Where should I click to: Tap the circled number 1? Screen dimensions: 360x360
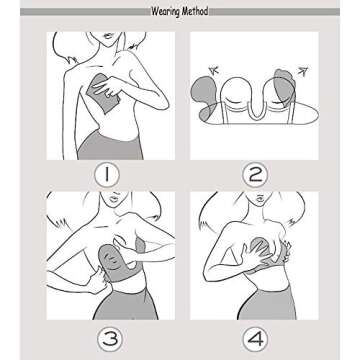pos(107,174)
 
